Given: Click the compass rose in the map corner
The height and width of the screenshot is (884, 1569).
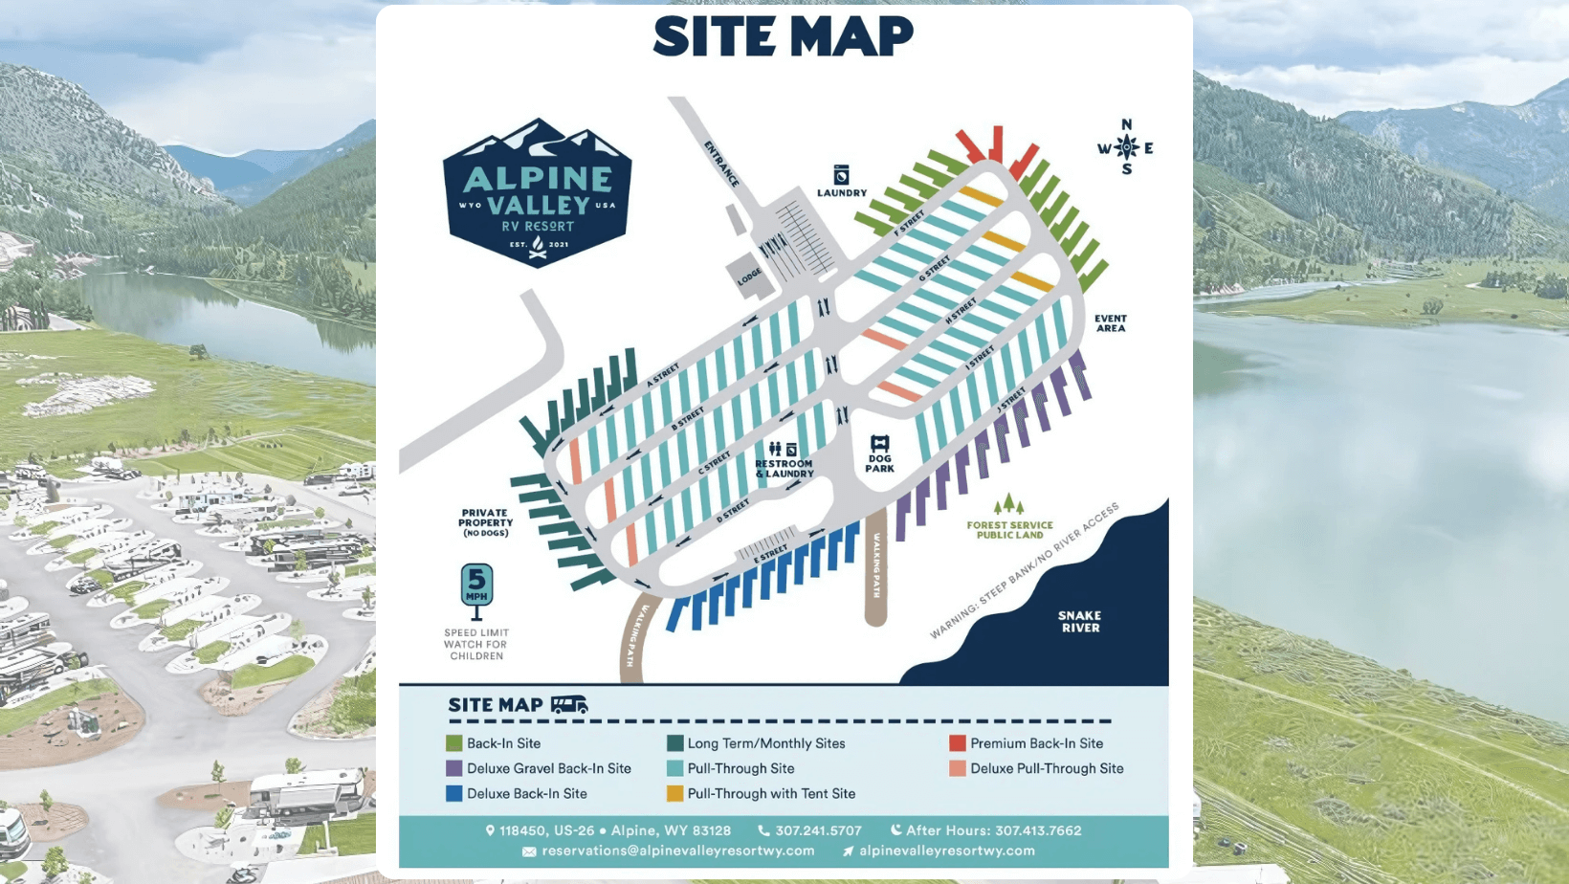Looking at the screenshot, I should click(x=1126, y=147).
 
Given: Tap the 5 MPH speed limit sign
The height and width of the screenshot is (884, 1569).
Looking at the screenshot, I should click(x=476, y=586).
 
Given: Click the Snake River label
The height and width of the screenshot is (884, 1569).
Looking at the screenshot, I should click(x=1079, y=622).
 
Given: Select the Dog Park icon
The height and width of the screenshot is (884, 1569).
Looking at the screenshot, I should click(x=879, y=444).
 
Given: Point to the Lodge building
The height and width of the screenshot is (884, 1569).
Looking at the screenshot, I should click(x=749, y=275).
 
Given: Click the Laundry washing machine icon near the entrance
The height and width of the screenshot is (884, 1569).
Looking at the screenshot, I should click(x=841, y=174).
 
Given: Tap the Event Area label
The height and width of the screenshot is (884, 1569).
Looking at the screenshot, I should click(x=1110, y=323).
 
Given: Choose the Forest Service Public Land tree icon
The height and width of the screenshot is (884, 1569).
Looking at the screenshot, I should click(x=1008, y=504).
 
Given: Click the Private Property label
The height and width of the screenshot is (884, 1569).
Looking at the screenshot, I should click(x=485, y=521).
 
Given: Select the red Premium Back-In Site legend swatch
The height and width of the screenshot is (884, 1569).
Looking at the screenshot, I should click(x=957, y=743).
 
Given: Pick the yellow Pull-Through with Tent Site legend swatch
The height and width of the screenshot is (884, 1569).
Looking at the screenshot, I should click(x=674, y=793).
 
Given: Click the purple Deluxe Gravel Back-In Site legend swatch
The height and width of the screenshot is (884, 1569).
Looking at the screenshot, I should click(x=454, y=768).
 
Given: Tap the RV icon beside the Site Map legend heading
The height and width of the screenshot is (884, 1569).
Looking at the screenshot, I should click(x=568, y=705).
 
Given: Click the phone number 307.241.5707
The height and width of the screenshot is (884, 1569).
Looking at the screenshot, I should click(x=818, y=830).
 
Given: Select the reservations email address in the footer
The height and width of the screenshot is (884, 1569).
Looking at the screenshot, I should click(x=677, y=851).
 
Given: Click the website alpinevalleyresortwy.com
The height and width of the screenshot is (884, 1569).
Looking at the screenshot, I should click(x=946, y=851).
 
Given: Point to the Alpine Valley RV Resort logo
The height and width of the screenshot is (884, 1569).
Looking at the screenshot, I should click(x=537, y=193).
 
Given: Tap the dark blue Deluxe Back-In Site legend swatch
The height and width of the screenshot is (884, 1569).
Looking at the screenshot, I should click(x=454, y=793).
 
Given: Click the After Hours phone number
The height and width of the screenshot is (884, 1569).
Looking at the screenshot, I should click(x=1037, y=830).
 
